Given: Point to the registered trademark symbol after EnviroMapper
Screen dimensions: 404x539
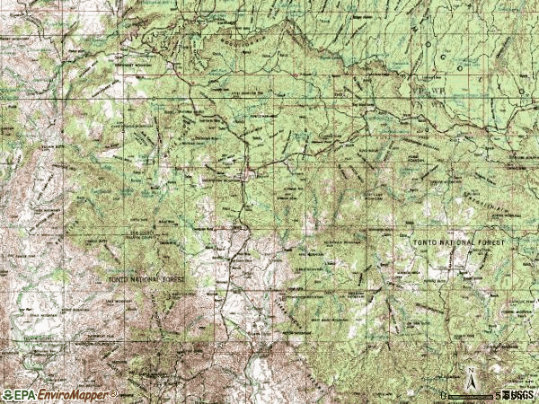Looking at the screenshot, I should [x=112, y=392].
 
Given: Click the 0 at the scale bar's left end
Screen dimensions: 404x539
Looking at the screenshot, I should [x=444, y=395].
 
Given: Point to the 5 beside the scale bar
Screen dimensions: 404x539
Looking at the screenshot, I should [x=497, y=395].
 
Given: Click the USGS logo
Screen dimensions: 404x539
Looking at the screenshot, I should [x=519, y=395].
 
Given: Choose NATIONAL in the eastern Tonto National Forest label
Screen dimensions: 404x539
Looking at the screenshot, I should [x=455, y=243].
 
